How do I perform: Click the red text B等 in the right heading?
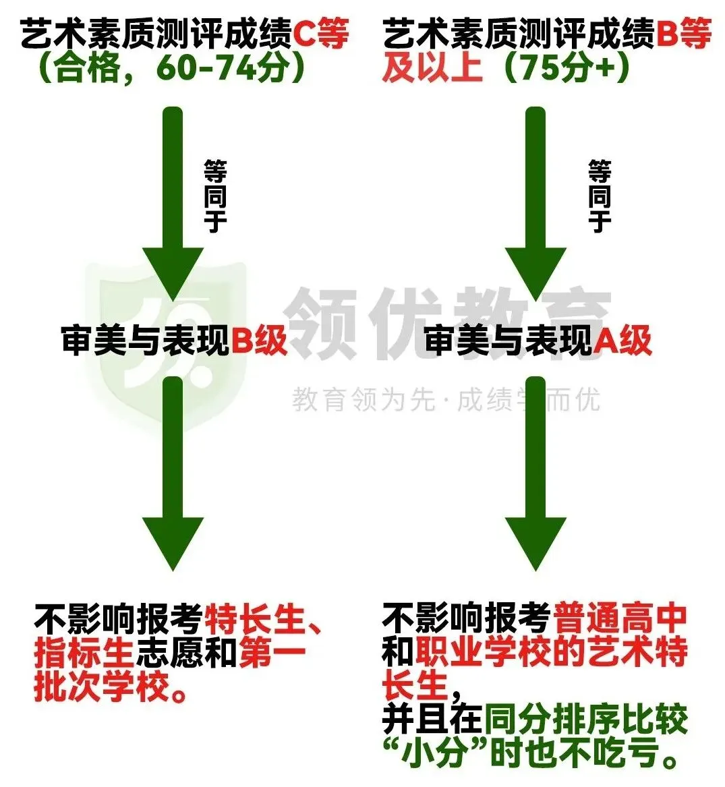(x=683, y=34)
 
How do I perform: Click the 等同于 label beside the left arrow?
(x=215, y=196)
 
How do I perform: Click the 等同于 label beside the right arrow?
(x=599, y=196)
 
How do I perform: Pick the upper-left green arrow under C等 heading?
(x=173, y=202)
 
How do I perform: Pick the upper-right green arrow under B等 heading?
(x=535, y=202)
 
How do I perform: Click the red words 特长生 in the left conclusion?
(x=255, y=619)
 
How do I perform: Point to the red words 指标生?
(x=84, y=653)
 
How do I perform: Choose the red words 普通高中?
(x=620, y=618)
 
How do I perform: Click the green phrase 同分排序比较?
(x=585, y=720)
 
